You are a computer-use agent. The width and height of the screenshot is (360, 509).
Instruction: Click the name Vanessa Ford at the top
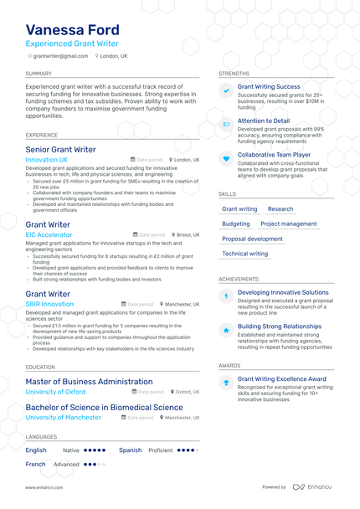pos(72,30)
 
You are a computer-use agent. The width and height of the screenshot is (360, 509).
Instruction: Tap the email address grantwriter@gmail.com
pos(60,56)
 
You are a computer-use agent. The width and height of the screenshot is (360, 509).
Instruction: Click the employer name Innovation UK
pos(47,159)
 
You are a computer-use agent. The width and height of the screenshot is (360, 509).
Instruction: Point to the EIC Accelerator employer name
pos(49,235)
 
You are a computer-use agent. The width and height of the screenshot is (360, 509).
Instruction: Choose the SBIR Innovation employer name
pos(49,304)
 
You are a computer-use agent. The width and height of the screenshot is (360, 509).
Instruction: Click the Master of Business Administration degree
pos(89,382)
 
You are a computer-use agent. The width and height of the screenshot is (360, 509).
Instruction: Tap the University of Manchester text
pos(63,417)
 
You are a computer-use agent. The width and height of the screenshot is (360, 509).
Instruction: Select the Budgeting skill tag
pos(236,224)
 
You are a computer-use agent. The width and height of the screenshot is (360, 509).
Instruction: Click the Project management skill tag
pos(288,224)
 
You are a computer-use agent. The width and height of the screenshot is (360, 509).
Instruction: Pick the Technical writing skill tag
pos(244,254)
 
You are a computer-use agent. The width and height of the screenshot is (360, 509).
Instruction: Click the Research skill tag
pos(280,209)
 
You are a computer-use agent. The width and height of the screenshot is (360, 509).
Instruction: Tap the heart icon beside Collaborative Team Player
pos(226,157)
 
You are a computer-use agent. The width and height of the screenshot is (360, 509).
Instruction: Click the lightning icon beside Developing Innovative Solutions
pos(226,296)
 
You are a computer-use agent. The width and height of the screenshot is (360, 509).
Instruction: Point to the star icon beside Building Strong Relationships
pos(226,331)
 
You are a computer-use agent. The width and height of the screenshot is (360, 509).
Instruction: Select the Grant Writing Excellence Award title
pos(281,379)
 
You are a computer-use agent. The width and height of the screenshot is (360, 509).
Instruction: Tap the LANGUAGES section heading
pos(41,436)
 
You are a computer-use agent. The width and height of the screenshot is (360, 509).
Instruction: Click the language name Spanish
pos(130,450)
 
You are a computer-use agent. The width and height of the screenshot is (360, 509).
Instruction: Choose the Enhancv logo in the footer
pos(311,486)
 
